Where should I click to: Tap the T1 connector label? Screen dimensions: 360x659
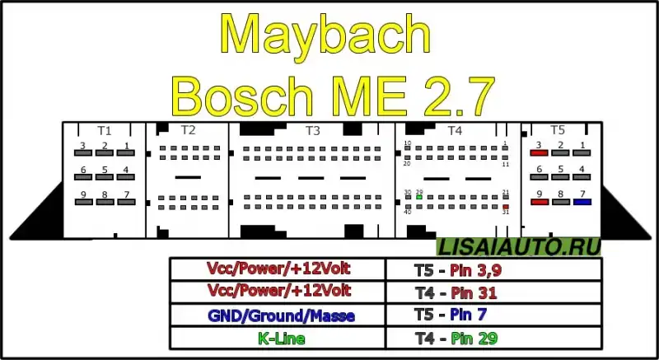click(104, 130)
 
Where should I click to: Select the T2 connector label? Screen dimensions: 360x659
click(188, 130)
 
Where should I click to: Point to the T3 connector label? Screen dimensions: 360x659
click(312, 130)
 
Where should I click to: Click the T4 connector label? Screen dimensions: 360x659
click(455, 130)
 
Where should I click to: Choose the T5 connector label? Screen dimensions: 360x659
click(558, 130)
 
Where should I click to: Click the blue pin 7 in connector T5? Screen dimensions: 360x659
click(583, 201)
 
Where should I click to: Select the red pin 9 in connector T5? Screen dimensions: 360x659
click(540, 201)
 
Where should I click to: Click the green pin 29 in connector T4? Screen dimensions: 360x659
click(420, 198)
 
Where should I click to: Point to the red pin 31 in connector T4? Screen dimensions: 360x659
click(505, 207)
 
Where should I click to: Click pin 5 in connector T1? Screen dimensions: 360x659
click(105, 178)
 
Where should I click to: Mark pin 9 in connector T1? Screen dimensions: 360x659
click(83, 202)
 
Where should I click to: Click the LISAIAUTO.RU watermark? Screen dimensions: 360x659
click(519, 245)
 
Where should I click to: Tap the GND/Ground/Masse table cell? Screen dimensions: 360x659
click(278, 314)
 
